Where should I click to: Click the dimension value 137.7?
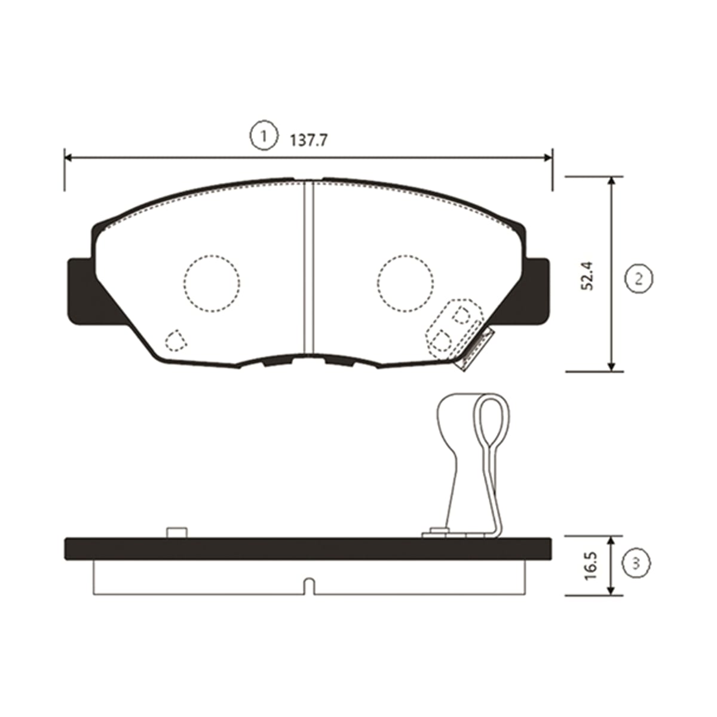(x=308, y=140)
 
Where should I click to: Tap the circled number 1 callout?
(x=264, y=136)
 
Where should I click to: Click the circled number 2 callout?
(x=639, y=278)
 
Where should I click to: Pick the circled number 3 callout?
(x=636, y=563)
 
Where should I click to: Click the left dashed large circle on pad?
(x=212, y=284)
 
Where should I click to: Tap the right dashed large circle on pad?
(x=405, y=284)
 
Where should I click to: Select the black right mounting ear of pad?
(x=528, y=292)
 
